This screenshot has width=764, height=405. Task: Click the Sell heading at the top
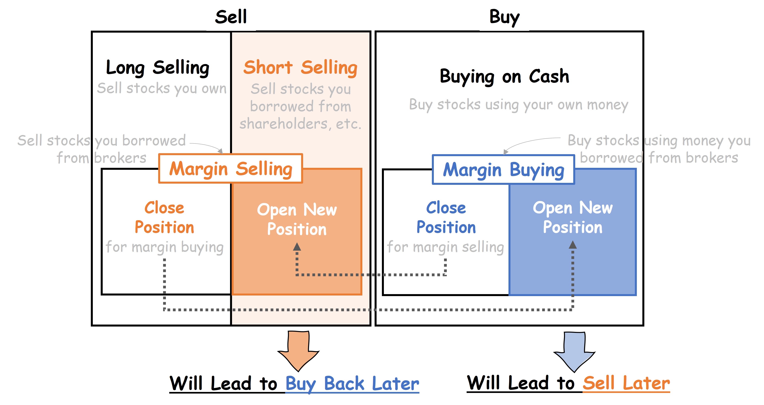point(231,17)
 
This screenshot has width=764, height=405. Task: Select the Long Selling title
point(158,68)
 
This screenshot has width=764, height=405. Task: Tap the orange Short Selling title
point(300,68)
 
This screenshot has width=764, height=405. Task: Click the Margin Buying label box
point(503,170)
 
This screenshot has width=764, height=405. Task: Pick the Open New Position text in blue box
point(573,217)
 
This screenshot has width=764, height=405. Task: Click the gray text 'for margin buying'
point(165,247)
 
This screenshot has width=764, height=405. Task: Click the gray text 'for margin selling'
point(445,247)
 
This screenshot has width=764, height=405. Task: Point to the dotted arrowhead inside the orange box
point(297,246)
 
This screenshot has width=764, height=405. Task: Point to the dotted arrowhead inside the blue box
point(573,245)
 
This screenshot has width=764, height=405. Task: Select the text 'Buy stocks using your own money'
point(518,105)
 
